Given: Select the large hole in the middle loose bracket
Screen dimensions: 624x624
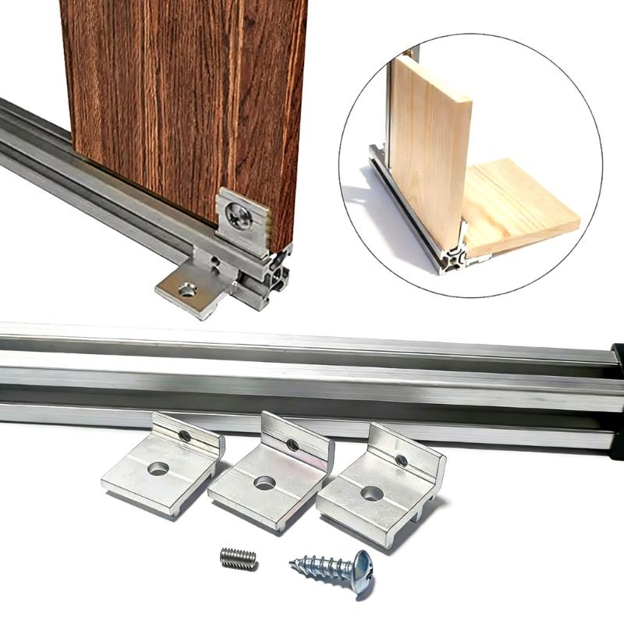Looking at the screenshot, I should [264, 483].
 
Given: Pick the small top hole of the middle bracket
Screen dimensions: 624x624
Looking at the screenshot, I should [292, 445].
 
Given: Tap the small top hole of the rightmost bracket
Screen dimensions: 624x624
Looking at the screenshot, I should [401, 460].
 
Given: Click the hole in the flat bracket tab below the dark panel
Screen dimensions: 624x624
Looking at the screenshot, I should [187, 290].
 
